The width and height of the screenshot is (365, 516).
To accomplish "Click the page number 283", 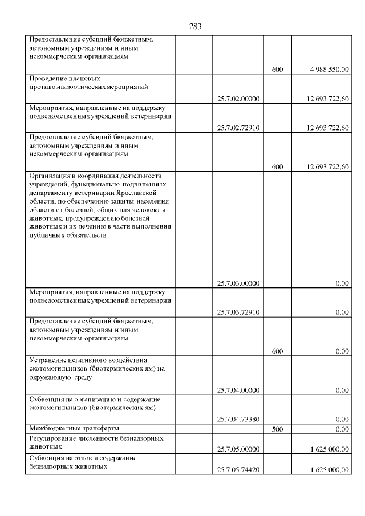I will point(195,26).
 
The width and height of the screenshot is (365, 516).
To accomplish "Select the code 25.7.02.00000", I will point(238,99).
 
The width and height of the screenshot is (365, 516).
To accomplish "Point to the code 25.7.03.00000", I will point(238,283).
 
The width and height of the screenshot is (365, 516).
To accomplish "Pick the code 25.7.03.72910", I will point(238,312).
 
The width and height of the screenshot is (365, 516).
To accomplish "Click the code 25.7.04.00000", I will point(238,390).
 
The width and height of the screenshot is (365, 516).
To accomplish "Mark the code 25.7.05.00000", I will point(238,449).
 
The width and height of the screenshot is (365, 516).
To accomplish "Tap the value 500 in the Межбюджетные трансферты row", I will point(278,429).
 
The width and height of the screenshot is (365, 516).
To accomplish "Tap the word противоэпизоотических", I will point(67,87).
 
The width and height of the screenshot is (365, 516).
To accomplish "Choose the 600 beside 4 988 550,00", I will point(278,70).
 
